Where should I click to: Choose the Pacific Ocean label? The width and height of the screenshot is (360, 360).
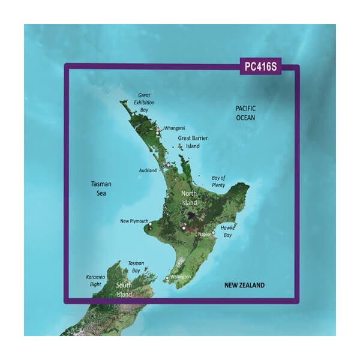[245, 113]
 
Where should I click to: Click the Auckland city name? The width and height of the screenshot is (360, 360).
[148, 170]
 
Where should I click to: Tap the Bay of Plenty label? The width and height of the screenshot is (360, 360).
[218, 181]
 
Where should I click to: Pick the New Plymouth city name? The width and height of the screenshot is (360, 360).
[134, 221]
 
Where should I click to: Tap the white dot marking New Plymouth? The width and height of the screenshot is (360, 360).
[150, 226]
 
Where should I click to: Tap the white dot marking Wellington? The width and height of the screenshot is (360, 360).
[167, 278]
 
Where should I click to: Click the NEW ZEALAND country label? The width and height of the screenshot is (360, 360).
[245, 285]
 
